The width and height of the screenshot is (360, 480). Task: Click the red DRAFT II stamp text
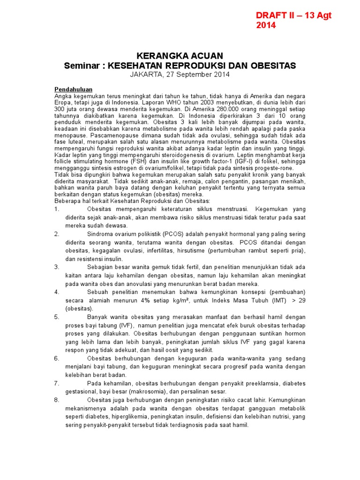(x=293, y=20)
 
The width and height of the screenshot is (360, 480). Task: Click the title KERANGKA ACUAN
(x=180, y=56)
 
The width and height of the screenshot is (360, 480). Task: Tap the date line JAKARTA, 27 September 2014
(x=180, y=75)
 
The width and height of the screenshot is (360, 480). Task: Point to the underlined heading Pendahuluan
(x=74, y=89)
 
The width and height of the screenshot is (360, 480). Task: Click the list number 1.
(x=57, y=209)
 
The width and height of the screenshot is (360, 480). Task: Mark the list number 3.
(x=57, y=267)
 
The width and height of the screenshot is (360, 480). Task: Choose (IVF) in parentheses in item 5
(x=123, y=325)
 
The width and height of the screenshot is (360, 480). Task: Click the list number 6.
(x=57, y=358)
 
